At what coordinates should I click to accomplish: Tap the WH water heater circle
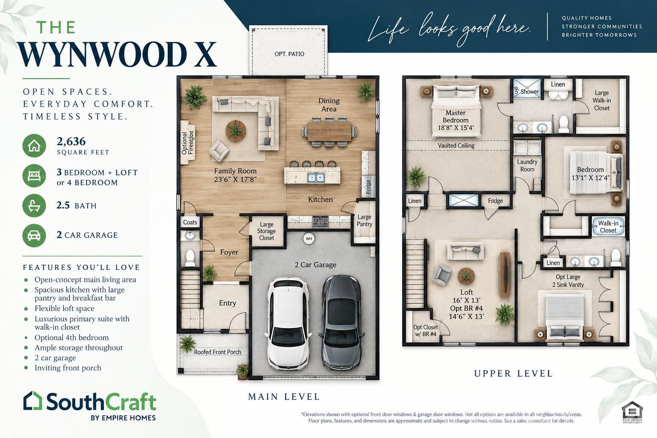tap(309, 239)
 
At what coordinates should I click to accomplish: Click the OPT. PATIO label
tap(289, 54)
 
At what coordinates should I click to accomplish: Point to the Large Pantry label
tap(364, 221)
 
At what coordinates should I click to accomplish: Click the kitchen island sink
tap(316, 177)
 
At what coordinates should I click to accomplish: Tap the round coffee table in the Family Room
tap(236, 131)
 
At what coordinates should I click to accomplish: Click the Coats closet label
tap(190, 222)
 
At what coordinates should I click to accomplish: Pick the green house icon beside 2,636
tap(34, 145)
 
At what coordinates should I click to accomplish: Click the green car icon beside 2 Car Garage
tap(34, 235)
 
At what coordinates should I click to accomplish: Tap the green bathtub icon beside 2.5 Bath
tap(34, 205)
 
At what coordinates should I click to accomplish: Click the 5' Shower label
tap(527, 92)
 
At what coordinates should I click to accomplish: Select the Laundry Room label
tap(527, 166)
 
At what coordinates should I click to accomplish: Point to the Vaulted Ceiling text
tap(456, 145)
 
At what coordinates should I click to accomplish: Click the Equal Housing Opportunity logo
tap(632, 412)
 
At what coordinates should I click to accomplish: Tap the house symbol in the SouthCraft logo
tap(33, 400)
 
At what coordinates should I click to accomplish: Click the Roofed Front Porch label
tap(217, 352)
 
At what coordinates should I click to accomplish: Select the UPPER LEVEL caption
tap(513, 373)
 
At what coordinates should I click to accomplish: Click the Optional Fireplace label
tap(187, 142)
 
